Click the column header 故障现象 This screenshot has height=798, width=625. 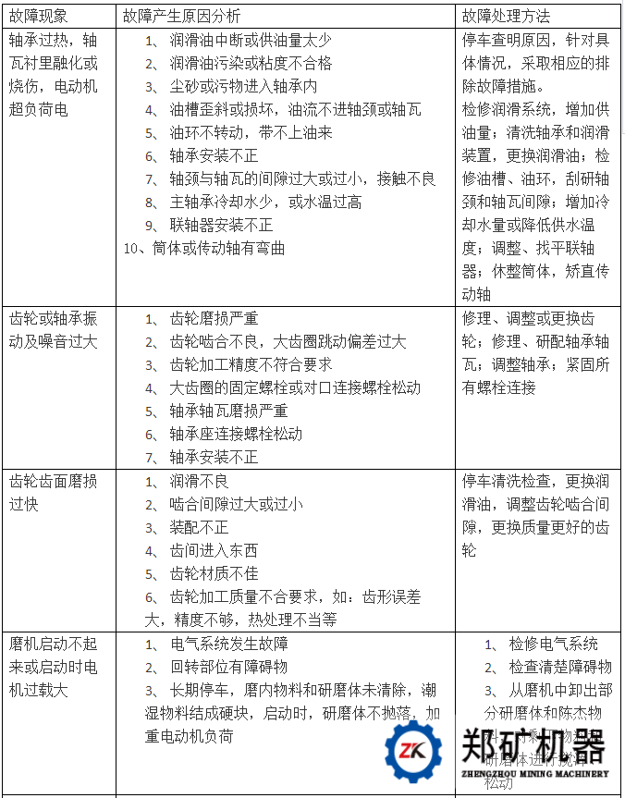(39, 16)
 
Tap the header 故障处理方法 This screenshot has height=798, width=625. (506, 16)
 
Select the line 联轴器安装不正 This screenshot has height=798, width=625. (221, 226)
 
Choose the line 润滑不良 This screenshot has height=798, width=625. (199, 481)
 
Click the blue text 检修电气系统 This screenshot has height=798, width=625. (553, 644)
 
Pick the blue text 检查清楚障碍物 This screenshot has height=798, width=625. (560, 667)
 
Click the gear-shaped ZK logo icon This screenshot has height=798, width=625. (412, 751)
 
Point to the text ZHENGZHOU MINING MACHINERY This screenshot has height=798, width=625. (533, 774)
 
